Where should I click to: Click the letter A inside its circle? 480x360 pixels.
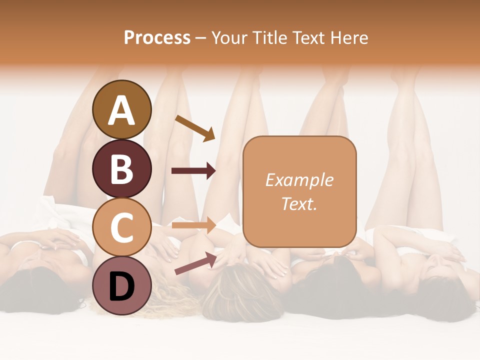click(x=121, y=110)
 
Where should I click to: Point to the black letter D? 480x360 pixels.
click(x=121, y=287)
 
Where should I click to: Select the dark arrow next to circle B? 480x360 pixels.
click(x=193, y=171)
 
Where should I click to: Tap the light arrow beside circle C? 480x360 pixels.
click(x=193, y=225)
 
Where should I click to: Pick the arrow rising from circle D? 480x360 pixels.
click(x=195, y=263)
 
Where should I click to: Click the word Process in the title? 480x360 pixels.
click(x=157, y=37)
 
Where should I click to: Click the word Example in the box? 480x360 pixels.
click(x=299, y=180)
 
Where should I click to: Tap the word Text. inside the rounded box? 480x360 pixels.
click(x=299, y=203)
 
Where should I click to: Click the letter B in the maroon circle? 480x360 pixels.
click(x=121, y=169)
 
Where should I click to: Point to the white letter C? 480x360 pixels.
click(x=121, y=228)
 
